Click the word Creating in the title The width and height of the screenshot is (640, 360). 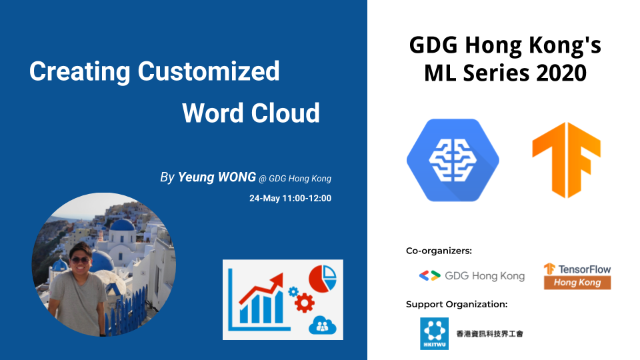[x=79, y=72]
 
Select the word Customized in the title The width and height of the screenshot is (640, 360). [x=209, y=71]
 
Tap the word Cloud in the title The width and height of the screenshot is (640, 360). [x=285, y=113]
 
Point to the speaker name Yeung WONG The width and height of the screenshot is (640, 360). [x=217, y=177]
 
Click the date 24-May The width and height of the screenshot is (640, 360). [x=265, y=199]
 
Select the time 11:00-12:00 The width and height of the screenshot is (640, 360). [x=307, y=199]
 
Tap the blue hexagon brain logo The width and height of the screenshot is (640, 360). [x=453, y=160]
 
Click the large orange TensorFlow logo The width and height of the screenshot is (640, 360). [x=567, y=160]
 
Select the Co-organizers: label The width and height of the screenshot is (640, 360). [x=439, y=251]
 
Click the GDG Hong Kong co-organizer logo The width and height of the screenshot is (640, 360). [x=472, y=276]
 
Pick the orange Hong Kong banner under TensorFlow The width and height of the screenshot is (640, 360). [x=577, y=283]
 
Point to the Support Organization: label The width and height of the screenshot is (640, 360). [x=457, y=304]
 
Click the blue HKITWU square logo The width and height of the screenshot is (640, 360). [x=434, y=333]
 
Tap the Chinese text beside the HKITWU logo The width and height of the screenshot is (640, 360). [x=489, y=334]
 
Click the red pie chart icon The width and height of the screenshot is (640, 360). [x=323, y=279]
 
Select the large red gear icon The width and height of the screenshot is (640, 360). [x=304, y=303]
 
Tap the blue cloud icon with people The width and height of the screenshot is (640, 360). [x=323, y=325]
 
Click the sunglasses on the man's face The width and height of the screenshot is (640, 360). [x=81, y=260]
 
